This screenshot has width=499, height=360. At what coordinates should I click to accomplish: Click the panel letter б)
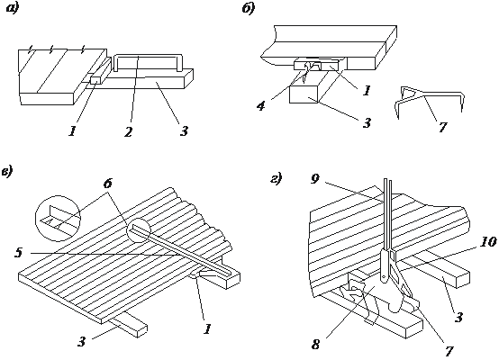[x=249, y=8]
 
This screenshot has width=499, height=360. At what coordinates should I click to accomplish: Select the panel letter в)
[x=7, y=171]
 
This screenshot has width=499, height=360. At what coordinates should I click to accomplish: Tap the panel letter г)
[x=276, y=179]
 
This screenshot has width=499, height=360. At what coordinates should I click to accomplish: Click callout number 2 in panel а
[x=128, y=132]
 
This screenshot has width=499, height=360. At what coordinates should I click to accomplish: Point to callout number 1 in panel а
[x=73, y=130]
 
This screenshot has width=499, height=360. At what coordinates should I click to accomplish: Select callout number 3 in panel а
[x=184, y=130]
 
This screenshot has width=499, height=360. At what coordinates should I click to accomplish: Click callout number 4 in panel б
[x=261, y=106]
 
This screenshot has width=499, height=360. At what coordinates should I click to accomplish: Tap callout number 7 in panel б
[x=442, y=127]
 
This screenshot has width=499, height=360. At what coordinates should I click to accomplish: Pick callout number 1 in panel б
[x=367, y=91]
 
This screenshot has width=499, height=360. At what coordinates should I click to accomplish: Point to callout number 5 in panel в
[x=18, y=253]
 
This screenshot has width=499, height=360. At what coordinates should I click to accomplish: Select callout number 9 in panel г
[x=314, y=179]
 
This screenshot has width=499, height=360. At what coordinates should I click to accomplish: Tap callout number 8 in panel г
[x=315, y=345]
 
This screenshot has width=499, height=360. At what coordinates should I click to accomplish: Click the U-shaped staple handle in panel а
[x=148, y=57]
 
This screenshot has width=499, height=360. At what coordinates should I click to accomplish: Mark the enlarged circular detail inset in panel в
[x=58, y=219]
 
